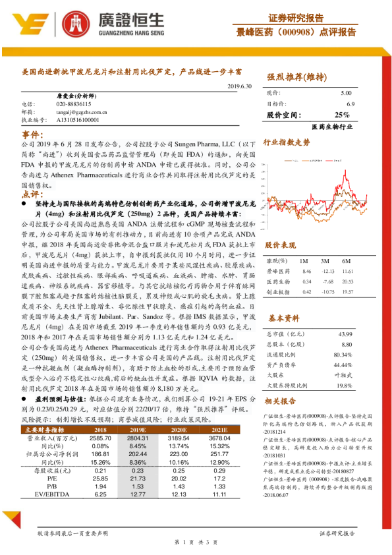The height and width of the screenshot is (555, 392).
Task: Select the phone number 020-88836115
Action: tap(74, 104)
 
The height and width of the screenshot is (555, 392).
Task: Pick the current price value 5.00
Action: tap(346, 94)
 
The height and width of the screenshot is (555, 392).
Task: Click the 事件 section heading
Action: tap(32, 134)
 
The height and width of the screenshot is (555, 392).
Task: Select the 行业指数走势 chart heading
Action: tap(287, 142)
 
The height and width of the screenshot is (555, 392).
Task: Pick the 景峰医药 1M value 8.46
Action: tap(306, 271)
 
